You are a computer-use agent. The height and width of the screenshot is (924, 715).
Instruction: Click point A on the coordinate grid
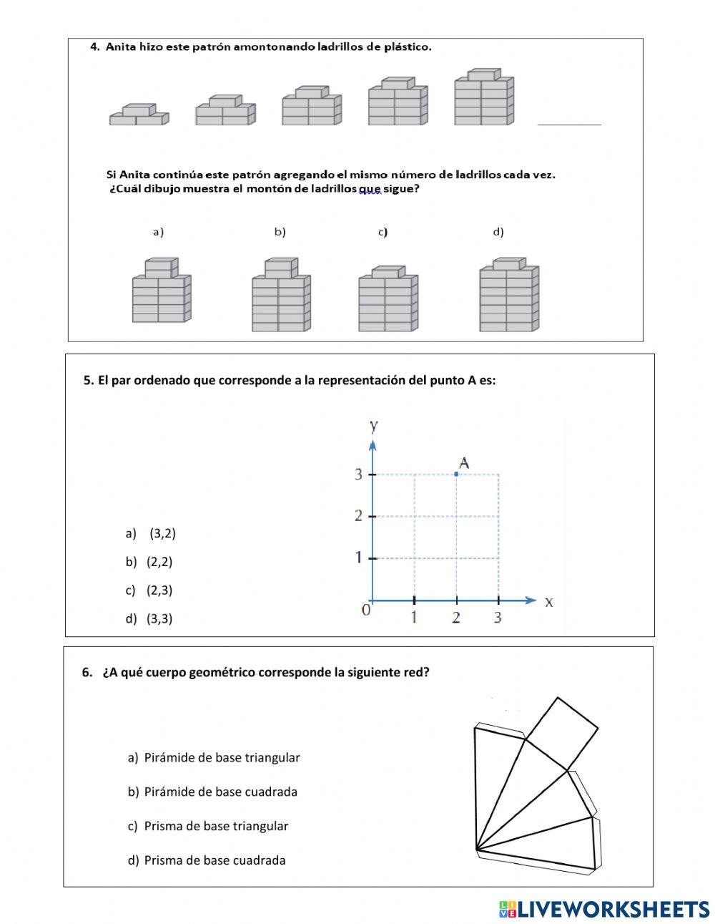pos(456,474)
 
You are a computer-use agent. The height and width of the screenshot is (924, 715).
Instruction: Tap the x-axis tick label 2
pos(456,617)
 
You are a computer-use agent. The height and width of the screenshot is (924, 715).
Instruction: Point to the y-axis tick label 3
pos(359,474)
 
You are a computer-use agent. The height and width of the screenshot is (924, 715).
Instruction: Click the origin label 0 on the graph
pos(366,610)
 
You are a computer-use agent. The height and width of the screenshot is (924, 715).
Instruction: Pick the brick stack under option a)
pos(162,291)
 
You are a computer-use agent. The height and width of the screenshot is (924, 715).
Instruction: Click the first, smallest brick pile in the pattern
pos(139,115)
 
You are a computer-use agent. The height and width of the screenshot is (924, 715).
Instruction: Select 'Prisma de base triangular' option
pos(216,826)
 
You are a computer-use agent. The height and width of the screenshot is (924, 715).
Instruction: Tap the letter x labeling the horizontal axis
pos(549,602)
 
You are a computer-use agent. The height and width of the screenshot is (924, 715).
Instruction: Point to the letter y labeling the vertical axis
pos(373,426)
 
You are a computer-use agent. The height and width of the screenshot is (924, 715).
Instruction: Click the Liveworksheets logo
pos(603,909)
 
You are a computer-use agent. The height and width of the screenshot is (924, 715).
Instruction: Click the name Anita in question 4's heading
pos(122,47)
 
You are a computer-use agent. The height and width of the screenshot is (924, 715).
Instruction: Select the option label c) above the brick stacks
pos(383,232)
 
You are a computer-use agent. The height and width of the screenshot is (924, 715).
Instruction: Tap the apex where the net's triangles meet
pos(477,850)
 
